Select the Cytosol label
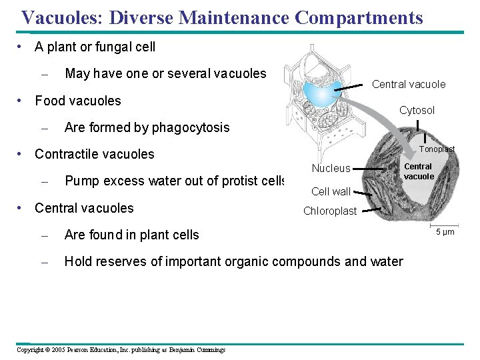(417, 111)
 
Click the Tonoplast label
(437, 149)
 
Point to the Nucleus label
(331, 169)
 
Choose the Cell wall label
(331, 192)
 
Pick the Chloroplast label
(330, 211)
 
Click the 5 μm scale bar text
(445, 232)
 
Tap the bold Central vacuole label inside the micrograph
(419, 171)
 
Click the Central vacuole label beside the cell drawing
(409, 84)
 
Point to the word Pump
(80, 181)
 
